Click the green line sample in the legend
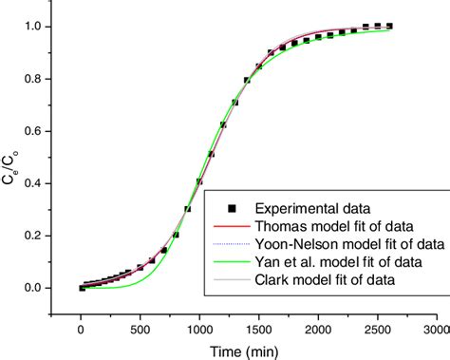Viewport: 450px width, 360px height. click(x=232, y=262)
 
